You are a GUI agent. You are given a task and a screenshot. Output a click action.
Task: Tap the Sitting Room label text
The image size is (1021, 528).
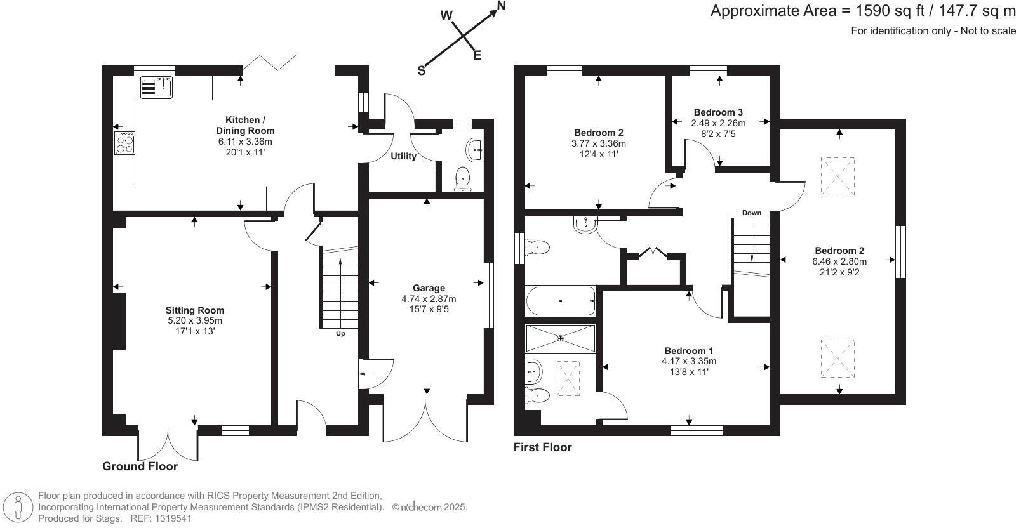[x=195, y=310]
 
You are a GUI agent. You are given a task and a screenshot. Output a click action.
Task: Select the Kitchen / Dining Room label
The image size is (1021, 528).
[x=243, y=125]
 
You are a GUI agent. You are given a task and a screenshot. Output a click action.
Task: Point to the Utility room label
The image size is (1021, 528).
[x=403, y=156]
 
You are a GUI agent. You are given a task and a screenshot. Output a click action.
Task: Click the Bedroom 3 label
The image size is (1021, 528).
[x=718, y=112]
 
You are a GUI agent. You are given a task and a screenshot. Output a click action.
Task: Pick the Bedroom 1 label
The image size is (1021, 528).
[x=689, y=351]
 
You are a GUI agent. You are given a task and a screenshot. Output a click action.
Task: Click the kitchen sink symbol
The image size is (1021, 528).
[x=156, y=87]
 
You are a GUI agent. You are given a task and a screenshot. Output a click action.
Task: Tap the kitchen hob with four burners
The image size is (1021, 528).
[x=124, y=143]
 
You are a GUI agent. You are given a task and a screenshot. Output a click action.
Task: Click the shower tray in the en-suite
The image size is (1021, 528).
[x=561, y=338]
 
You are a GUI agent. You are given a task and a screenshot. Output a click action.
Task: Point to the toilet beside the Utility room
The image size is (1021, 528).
[x=463, y=179]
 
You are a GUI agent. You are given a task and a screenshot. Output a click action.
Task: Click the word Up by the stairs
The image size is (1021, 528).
[x=340, y=334]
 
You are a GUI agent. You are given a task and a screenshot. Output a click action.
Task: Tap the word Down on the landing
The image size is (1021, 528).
[x=751, y=213]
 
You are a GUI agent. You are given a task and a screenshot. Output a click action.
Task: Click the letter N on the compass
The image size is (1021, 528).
[x=501, y=6]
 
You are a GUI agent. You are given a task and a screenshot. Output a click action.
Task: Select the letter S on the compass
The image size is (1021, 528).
[x=421, y=71]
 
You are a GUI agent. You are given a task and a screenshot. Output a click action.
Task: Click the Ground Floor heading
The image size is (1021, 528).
[x=140, y=466]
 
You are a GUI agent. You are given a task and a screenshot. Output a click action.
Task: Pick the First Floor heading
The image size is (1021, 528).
[x=542, y=447]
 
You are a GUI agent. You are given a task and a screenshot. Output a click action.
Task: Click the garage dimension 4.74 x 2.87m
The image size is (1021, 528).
[x=429, y=299]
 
